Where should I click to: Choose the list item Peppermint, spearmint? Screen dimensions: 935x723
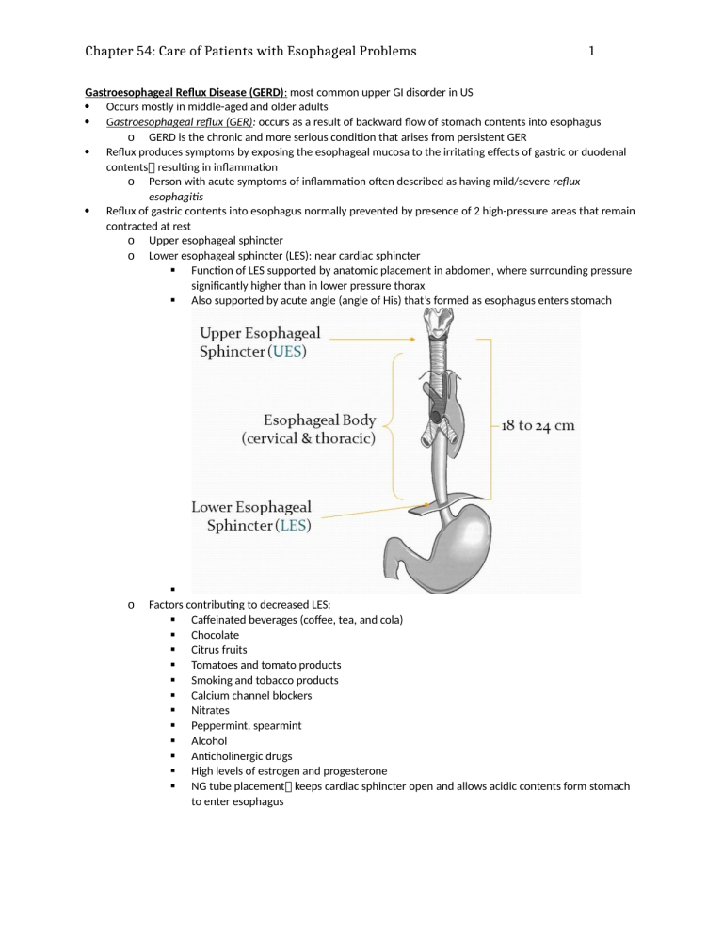243,725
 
